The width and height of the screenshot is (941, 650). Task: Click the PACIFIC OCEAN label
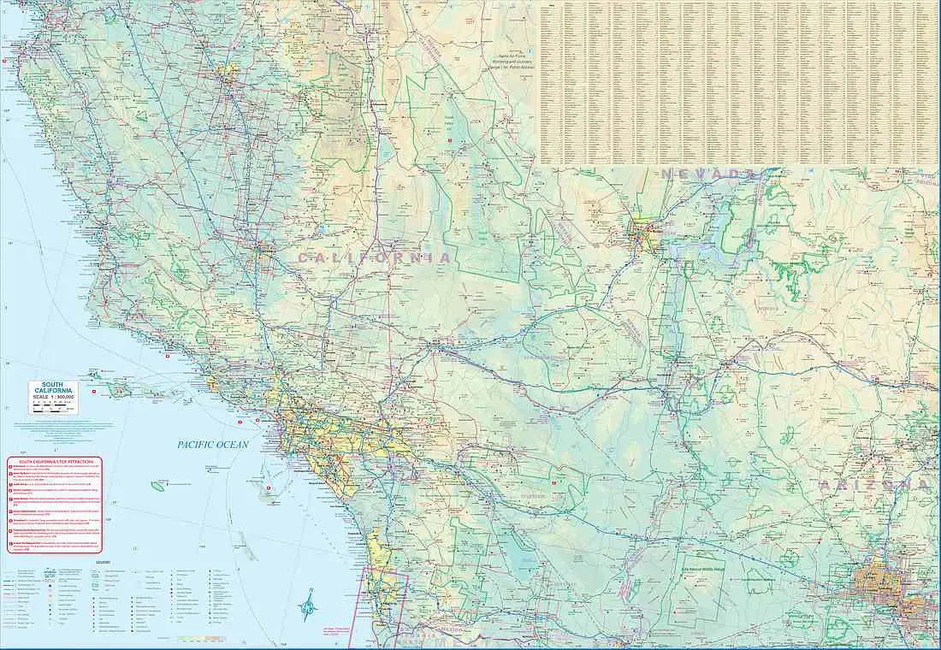pyautogui.click(x=213, y=444)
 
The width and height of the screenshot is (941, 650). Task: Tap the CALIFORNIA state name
pyautogui.click(x=374, y=257)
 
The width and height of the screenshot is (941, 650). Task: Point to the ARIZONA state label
pyautogui.click(x=873, y=485)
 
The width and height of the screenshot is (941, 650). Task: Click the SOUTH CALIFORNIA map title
pyautogui.click(x=53, y=387)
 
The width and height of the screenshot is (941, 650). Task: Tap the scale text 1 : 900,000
pyautogui.click(x=53, y=398)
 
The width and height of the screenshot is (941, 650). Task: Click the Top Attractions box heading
pyautogui.click(x=55, y=461)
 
